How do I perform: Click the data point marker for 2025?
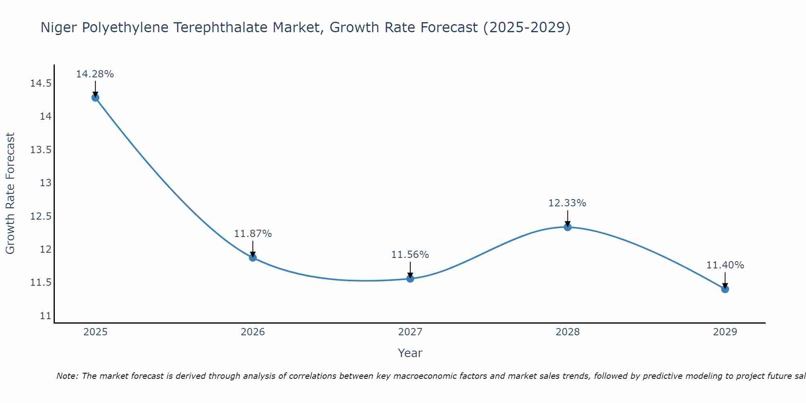pyautogui.click(x=96, y=98)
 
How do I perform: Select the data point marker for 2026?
pyautogui.click(x=253, y=258)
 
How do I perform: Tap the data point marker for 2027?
pyautogui.click(x=410, y=278)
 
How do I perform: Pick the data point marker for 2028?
pyautogui.click(x=567, y=227)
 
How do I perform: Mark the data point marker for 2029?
pyautogui.click(x=725, y=289)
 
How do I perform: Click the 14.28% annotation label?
pyautogui.click(x=95, y=74)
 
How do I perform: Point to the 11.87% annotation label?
pyautogui.click(x=253, y=234)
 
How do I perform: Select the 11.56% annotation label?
pyautogui.click(x=410, y=255)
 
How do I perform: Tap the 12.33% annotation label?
pyautogui.click(x=567, y=203)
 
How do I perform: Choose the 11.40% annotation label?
pyautogui.click(x=725, y=265)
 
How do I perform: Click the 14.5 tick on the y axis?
pyautogui.click(x=41, y=83)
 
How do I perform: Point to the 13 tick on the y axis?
pyautogui.click(x=46, y=183)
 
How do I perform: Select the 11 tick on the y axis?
pyautogui.click(x=46, y=316)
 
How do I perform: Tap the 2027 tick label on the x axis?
pyautogui.click(x=410, y=332)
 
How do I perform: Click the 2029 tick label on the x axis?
pyautogui.click(x=725, y=332)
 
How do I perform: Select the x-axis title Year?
pyautogui.click(x=410, y=353)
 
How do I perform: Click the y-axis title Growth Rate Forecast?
pyautogui.click(x=10, y=193)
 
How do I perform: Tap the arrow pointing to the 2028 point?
pyautogui.click(x=567, y=218)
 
